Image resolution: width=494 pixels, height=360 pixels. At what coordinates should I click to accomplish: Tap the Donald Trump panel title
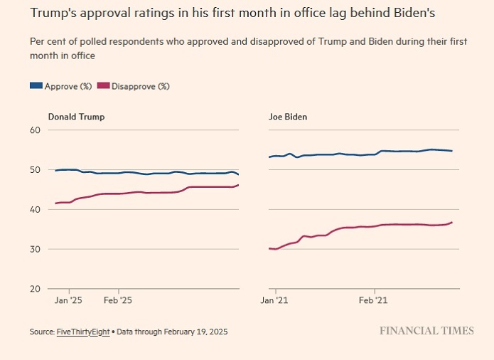click(x=76, y=117)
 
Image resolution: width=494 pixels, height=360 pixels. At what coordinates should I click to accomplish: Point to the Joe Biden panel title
click(x=287, y=117)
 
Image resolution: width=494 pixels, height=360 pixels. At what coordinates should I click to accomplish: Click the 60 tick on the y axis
click(x=35, y=130)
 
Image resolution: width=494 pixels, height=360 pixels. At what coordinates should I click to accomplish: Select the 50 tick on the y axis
click(x=35, y=170)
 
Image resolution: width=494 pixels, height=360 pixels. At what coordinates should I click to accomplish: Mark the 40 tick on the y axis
click(x=35, y=210)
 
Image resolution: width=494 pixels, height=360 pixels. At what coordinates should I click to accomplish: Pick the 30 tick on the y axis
click(x=35, y=250)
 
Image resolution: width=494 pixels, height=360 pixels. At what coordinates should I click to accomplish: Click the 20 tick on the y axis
click(x=35, y=290)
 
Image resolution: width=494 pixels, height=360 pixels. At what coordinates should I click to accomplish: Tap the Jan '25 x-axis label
click(x=69, y=301)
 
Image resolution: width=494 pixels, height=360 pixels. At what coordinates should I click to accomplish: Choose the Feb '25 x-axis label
click(x=118, y=301)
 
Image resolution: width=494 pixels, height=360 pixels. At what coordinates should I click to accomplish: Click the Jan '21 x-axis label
click(x=274, y=301)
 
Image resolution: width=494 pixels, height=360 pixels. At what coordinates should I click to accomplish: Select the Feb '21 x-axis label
click(x=374, y=301)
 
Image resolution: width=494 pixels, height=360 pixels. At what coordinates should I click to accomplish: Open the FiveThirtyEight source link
click(x=84, y=332)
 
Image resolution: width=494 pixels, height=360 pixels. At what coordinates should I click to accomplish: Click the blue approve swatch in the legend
click(x=36, y=86)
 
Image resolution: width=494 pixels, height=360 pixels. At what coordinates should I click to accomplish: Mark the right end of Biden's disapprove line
click(x=452, y=223)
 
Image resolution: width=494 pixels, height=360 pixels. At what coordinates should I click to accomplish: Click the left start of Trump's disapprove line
click(x=55, y=203)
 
